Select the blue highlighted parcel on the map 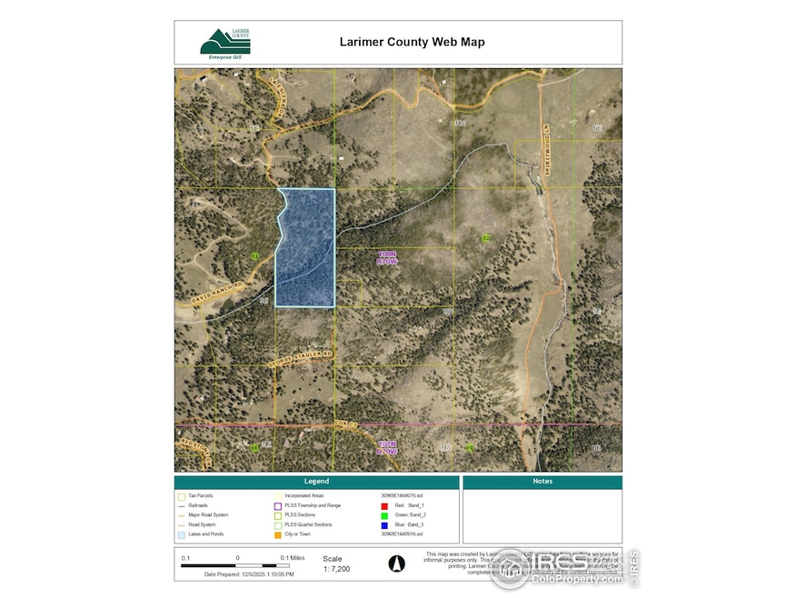point(306,247)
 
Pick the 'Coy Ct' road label point(341,424)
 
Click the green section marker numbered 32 point(486,238)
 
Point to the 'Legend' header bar point(316,481)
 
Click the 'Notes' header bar point(542,481)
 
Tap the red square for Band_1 point(384,504)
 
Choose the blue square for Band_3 point(384,524)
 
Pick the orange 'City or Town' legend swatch point(277,534)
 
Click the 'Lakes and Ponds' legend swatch point(182,534)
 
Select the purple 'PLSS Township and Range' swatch point(277,505)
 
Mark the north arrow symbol point(395,563)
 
